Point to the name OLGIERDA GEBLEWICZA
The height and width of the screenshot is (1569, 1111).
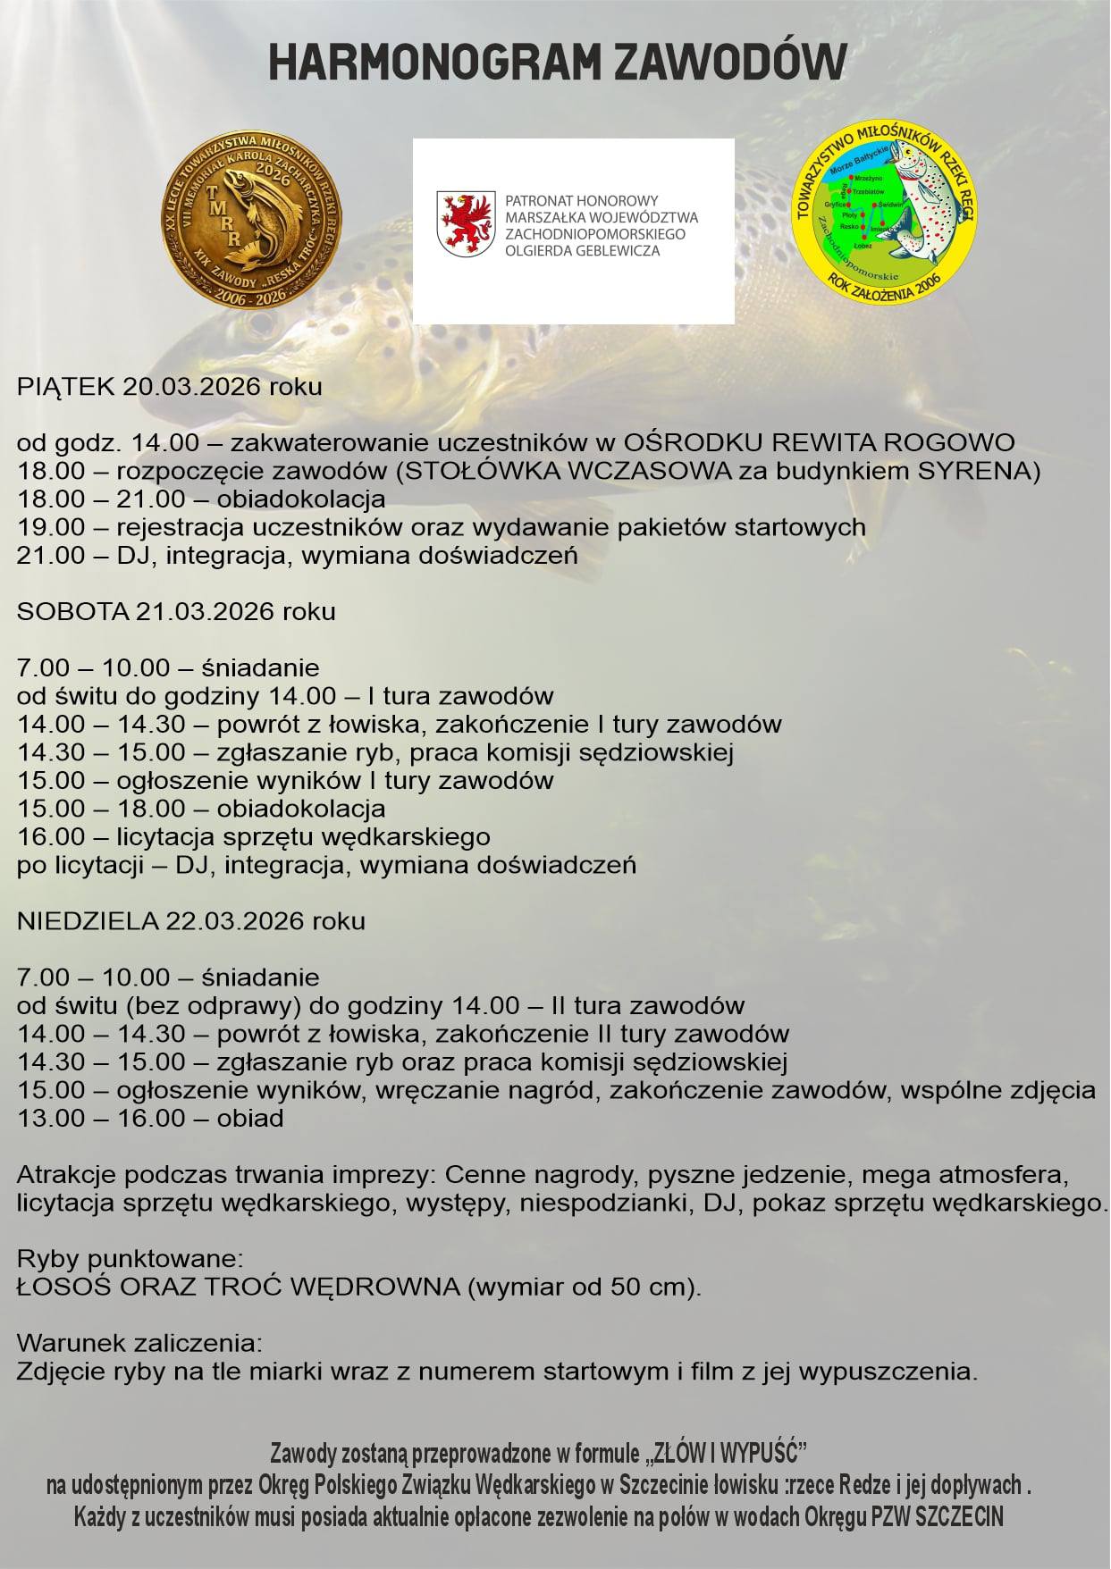click(582, 251)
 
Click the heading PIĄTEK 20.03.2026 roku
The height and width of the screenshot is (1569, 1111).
click(169, 387)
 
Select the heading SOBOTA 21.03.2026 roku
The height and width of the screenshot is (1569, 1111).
click(176, 612)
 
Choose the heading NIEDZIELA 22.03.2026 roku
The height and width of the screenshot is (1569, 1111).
click(190, 921)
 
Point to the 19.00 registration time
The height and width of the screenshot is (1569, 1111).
click(51, 527)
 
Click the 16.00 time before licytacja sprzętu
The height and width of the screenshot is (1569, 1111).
click(51, 837)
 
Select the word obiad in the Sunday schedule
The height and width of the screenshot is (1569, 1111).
click(249, 1119)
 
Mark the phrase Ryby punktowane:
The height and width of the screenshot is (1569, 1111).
click(130, 1259)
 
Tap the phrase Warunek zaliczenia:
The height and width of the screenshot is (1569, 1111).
click(139, 1343)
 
